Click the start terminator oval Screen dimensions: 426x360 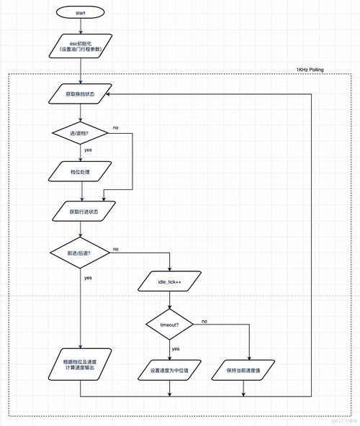click(x=80, y=13)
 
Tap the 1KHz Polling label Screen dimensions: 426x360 click(x=310, y=70)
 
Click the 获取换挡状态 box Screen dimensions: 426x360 click(x=80, y=94)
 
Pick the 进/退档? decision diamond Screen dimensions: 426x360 click(x=80, y=133)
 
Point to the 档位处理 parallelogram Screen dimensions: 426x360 click(x=80, y=172)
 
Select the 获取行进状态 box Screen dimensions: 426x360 click(x=80, y=212)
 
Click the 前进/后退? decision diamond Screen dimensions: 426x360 click(x=80, y=253)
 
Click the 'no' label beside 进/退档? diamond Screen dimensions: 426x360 click(x=115, y=128)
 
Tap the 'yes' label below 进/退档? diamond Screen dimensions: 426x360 click(x=88, y=150)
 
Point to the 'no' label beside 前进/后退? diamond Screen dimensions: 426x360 click(x=115, y=249)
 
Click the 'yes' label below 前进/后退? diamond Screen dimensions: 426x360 click(x=88, y=277)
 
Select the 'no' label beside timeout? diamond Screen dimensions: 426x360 click(x=204, y=321)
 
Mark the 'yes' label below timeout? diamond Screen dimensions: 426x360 click(x=176, y=349)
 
